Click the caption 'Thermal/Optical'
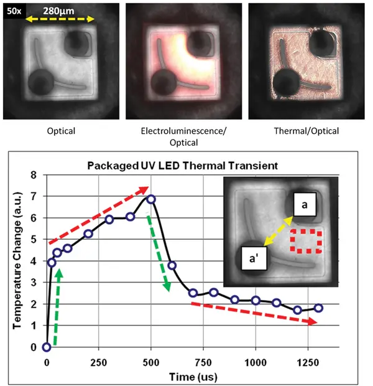click(x=302, y=132)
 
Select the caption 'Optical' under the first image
click(x=60, y=132)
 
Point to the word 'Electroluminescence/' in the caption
click(x=180, y=132)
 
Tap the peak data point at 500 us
click(x=150, y=199)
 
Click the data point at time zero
click(x=47, y=347)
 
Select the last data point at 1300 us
click(x=318, y=308)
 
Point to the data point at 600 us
click(x=172, y=265)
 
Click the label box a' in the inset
click(x=256, y=255)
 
